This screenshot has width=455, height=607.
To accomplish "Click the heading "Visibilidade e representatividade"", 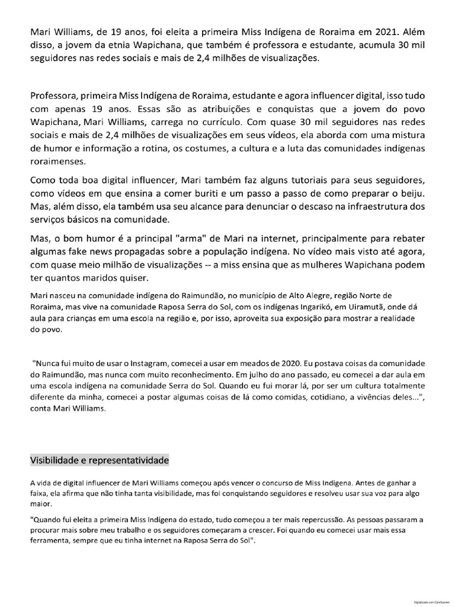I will [x=100, y=459].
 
